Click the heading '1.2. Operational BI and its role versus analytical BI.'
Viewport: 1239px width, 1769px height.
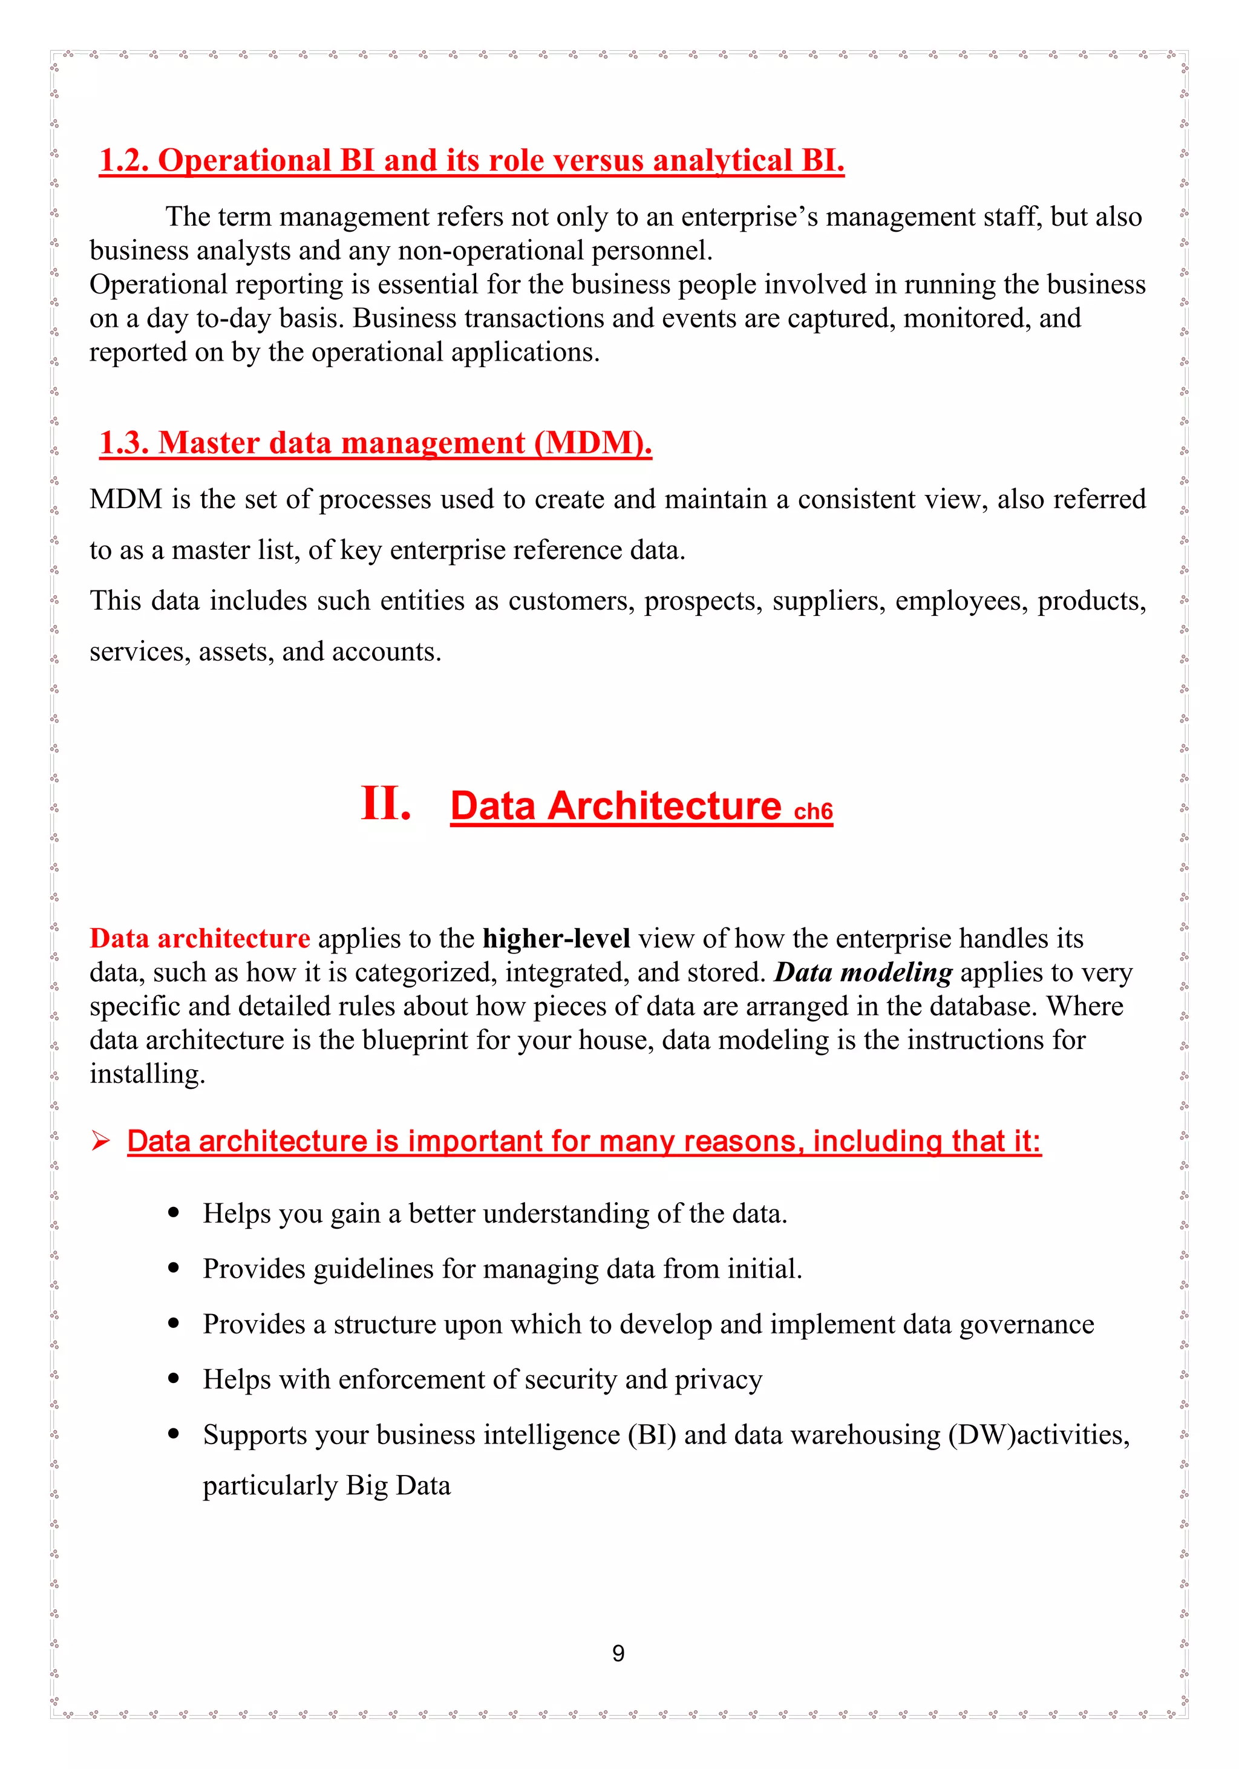pyautogui.click(x=471, y=160)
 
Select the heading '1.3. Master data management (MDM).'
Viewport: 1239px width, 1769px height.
pyautogui.click(x=375, y=443)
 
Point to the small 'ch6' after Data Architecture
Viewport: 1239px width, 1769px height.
pyautogui.click(x=813, y=811)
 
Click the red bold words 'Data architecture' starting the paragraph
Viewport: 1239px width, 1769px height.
pyautogui.click(x=200, y=938)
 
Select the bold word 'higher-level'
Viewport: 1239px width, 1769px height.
pyautogui.click(x=557, y=938)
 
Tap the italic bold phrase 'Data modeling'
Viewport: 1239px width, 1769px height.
pyautogui.click(x=863, y=972)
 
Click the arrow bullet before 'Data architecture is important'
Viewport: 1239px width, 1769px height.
pyautogui.click(x=101, y=1140)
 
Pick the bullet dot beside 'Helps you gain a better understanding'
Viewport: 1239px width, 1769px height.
pyautogui.click(x=174, y=1213)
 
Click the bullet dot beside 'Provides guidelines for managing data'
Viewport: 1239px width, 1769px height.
pyautogui.click(x=174, y=1268)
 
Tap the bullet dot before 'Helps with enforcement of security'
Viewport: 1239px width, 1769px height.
pyautogui.click(x=174, y=1379)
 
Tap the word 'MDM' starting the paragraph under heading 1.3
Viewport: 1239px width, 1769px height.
pyautogui.click(x=126, y=499)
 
